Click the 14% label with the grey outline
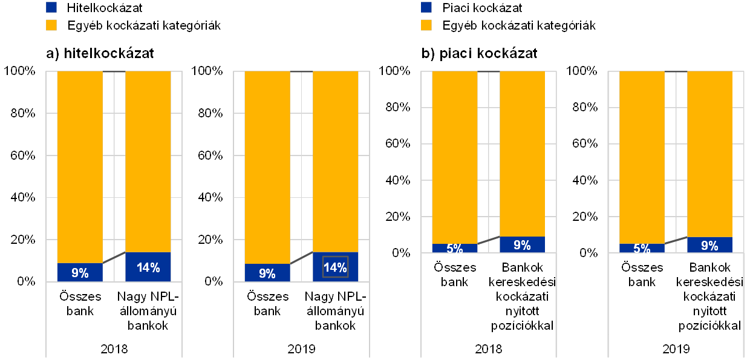coord(335,267)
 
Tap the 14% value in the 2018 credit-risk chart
coord(148,267)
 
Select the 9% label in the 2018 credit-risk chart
coord(80,273)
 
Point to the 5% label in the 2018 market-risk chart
coord(454,248)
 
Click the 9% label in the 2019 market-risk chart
coord(709,246)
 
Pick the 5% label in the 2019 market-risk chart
coord(642,248)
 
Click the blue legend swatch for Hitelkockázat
coord(51,8)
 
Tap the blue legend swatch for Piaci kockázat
coord(426,8)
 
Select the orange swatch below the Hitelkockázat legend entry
coord(51,25)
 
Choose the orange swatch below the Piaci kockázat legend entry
coord(426,25)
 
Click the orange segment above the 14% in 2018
coord(148,160)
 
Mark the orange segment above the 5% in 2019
coord(642,157)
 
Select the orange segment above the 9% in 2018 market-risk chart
coord(522,154)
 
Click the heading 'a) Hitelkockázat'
coord(100,53)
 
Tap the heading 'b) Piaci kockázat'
coord(480,53)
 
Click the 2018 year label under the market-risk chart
coord(488,349)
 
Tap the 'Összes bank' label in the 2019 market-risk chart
coord(642,273)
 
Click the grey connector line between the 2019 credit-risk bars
coord(301,258)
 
